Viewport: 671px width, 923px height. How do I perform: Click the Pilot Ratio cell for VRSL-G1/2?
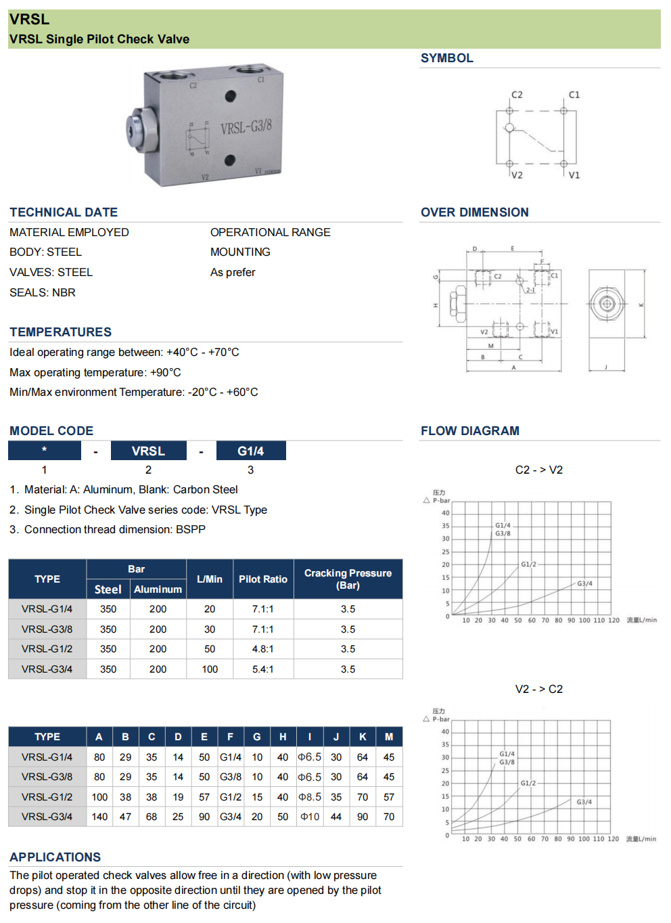262,649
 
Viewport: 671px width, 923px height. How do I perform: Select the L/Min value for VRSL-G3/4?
210,669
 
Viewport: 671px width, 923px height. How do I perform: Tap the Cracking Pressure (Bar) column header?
348,579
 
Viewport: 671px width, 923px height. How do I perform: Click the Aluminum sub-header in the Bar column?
158,589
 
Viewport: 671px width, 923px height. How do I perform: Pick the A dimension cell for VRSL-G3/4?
99,817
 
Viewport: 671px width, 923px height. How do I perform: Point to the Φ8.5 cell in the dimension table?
310,797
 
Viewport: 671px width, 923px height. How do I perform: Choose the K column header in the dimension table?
363,737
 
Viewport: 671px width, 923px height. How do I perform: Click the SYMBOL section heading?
446,58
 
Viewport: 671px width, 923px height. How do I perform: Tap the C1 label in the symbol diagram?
574,95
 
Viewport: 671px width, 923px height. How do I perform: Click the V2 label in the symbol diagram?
517,175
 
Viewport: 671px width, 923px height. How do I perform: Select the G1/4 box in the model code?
251,451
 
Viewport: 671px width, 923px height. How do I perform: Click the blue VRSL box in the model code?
148,451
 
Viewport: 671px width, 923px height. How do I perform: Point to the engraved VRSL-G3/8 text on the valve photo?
246,127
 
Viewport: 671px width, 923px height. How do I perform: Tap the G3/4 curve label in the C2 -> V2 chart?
584,583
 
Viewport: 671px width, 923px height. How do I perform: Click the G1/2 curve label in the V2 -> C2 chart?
528,783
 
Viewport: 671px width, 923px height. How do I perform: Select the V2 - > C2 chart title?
538,689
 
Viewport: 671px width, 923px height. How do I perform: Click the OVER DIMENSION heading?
474,212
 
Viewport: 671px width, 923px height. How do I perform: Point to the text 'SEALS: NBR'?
43,292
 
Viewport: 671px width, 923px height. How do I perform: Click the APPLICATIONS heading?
55,857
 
